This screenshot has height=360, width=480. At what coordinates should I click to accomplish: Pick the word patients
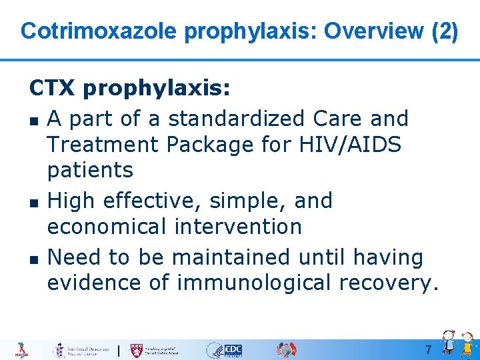(90, 171)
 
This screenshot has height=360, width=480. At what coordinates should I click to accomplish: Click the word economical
(106, 227)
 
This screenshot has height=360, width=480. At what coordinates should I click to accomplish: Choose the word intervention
(238, 227)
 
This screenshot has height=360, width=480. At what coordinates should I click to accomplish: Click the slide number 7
(429, 350)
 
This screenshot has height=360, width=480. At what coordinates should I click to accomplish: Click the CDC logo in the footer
(233, 350)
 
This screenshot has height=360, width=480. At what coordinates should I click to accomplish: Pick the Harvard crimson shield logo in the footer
(137, 350)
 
